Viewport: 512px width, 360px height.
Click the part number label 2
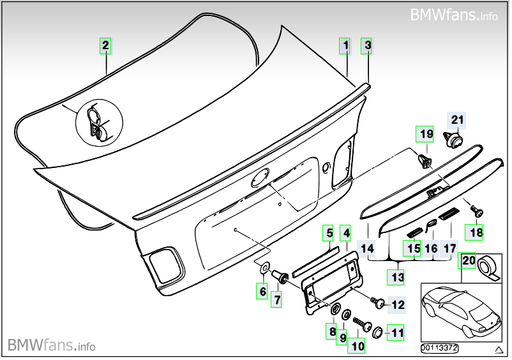click(x=105, y=45)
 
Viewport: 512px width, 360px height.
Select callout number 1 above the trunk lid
click(x=345, y=45)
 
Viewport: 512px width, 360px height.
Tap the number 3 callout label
click(x=367, y=45)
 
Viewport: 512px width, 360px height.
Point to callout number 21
click(x=458, y=119)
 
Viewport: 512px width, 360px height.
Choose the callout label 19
click(x=426, y=134)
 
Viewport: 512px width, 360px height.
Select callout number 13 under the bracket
click(x=397, y=277)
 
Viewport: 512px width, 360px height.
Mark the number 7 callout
click(x=276, y=298)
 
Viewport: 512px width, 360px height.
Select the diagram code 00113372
click(x=439, y=348)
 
